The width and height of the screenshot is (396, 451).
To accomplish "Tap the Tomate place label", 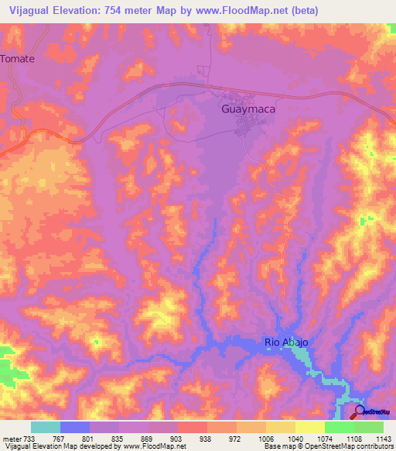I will (x=19, y=58).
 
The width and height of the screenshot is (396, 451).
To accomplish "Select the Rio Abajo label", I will (x=286, y=342).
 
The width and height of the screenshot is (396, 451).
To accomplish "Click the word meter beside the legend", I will (x=10, y=439).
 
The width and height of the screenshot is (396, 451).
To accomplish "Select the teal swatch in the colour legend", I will (x=45, y=427).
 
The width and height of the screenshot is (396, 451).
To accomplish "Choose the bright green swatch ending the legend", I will (x=368, y=427).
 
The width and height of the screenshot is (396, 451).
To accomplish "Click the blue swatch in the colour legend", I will (x=74, y=427).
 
